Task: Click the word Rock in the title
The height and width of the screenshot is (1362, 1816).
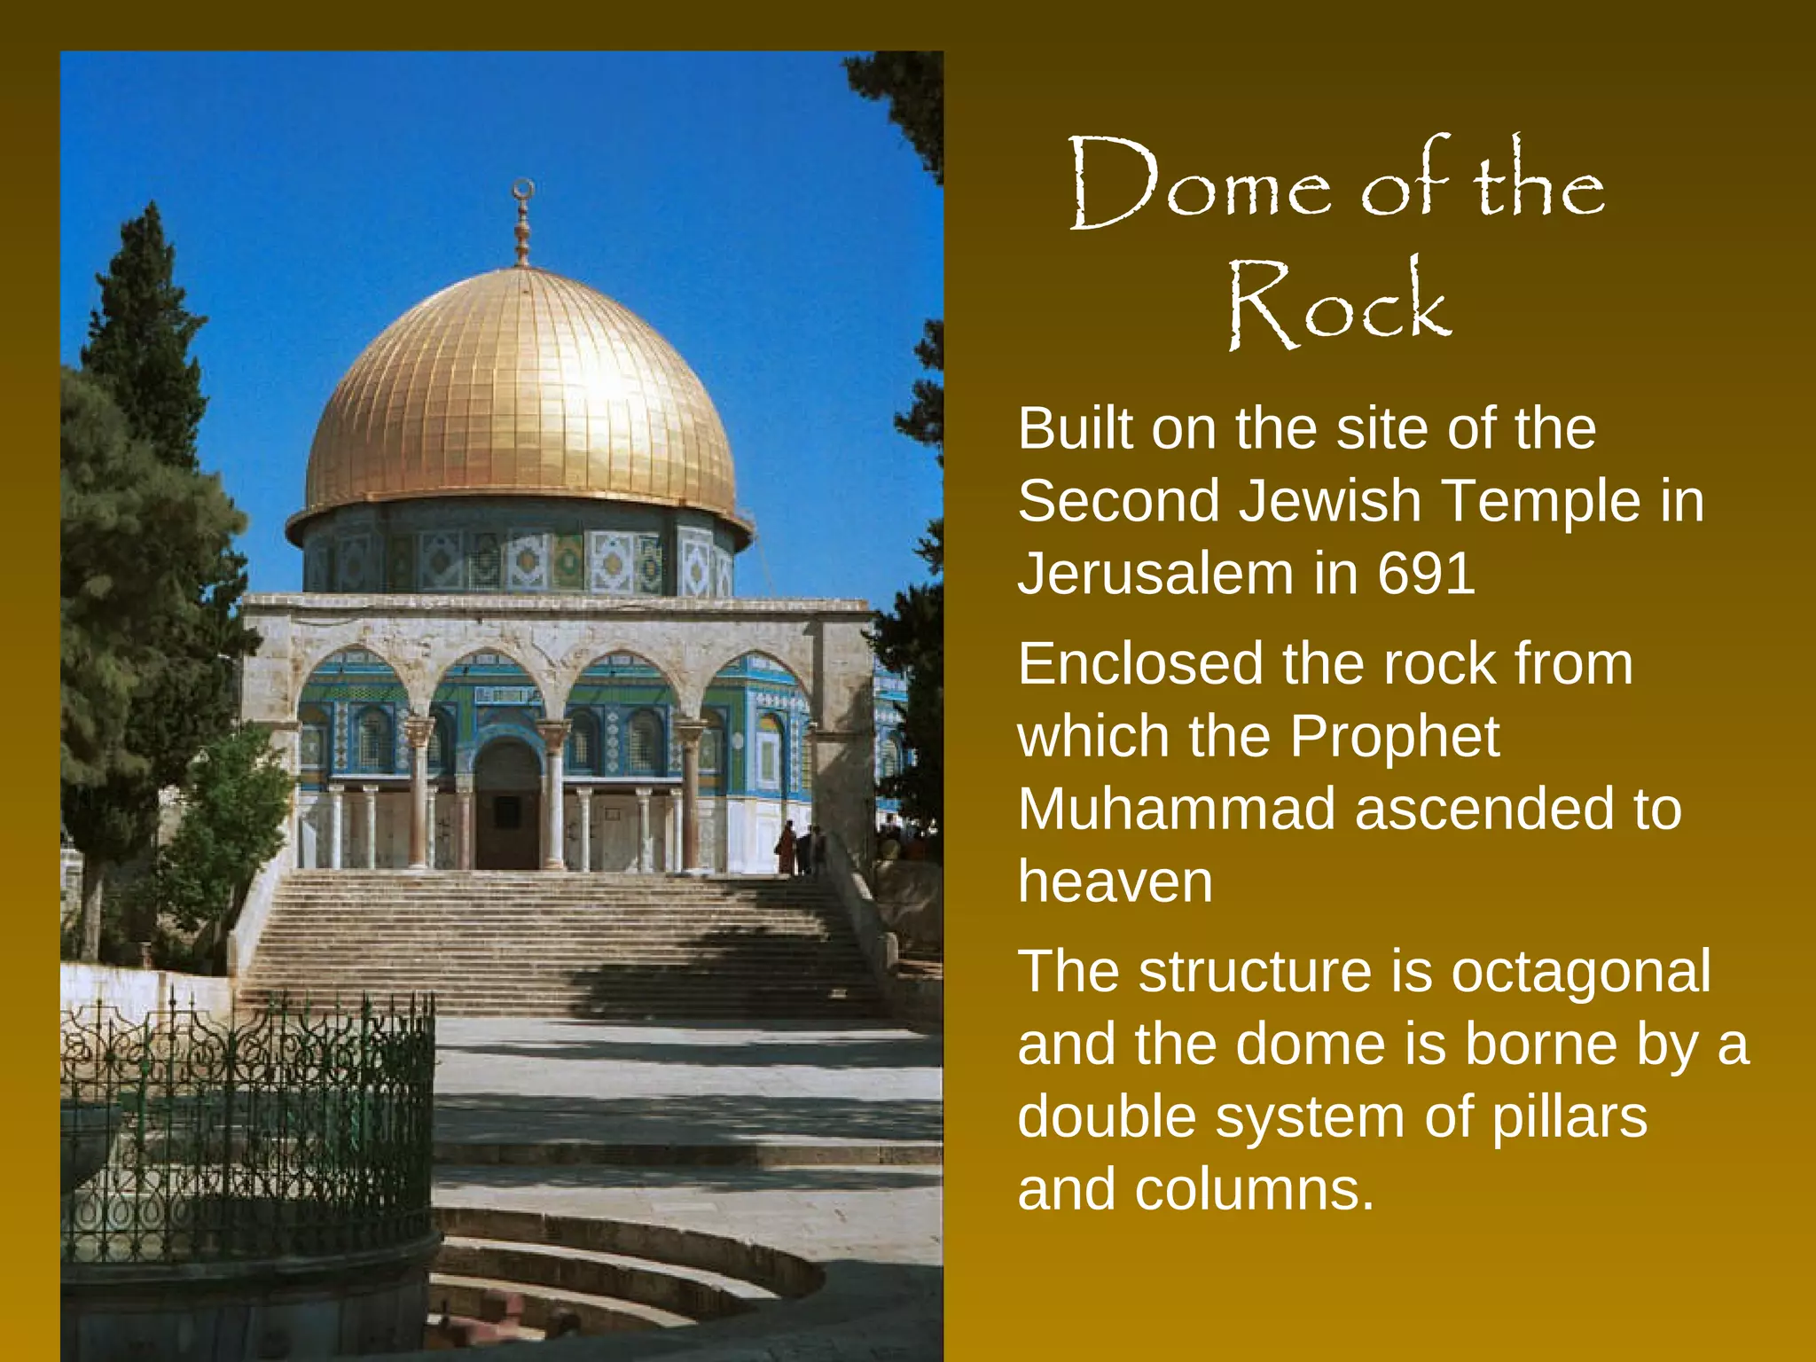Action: point(1339,304)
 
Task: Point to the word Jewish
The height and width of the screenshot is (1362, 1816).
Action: point(1330,501)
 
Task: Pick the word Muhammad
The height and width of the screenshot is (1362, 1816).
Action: point(1176,810)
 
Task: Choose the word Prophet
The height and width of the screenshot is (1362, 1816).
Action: point(1394,737)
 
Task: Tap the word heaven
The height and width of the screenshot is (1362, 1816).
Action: point(1115,882)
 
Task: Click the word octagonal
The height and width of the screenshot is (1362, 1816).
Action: point(1580,972)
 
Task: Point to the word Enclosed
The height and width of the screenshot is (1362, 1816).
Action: point(1140,664)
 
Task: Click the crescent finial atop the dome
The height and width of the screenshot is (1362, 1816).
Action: point(523,190)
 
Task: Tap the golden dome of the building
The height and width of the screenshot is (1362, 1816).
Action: point(521,399)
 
